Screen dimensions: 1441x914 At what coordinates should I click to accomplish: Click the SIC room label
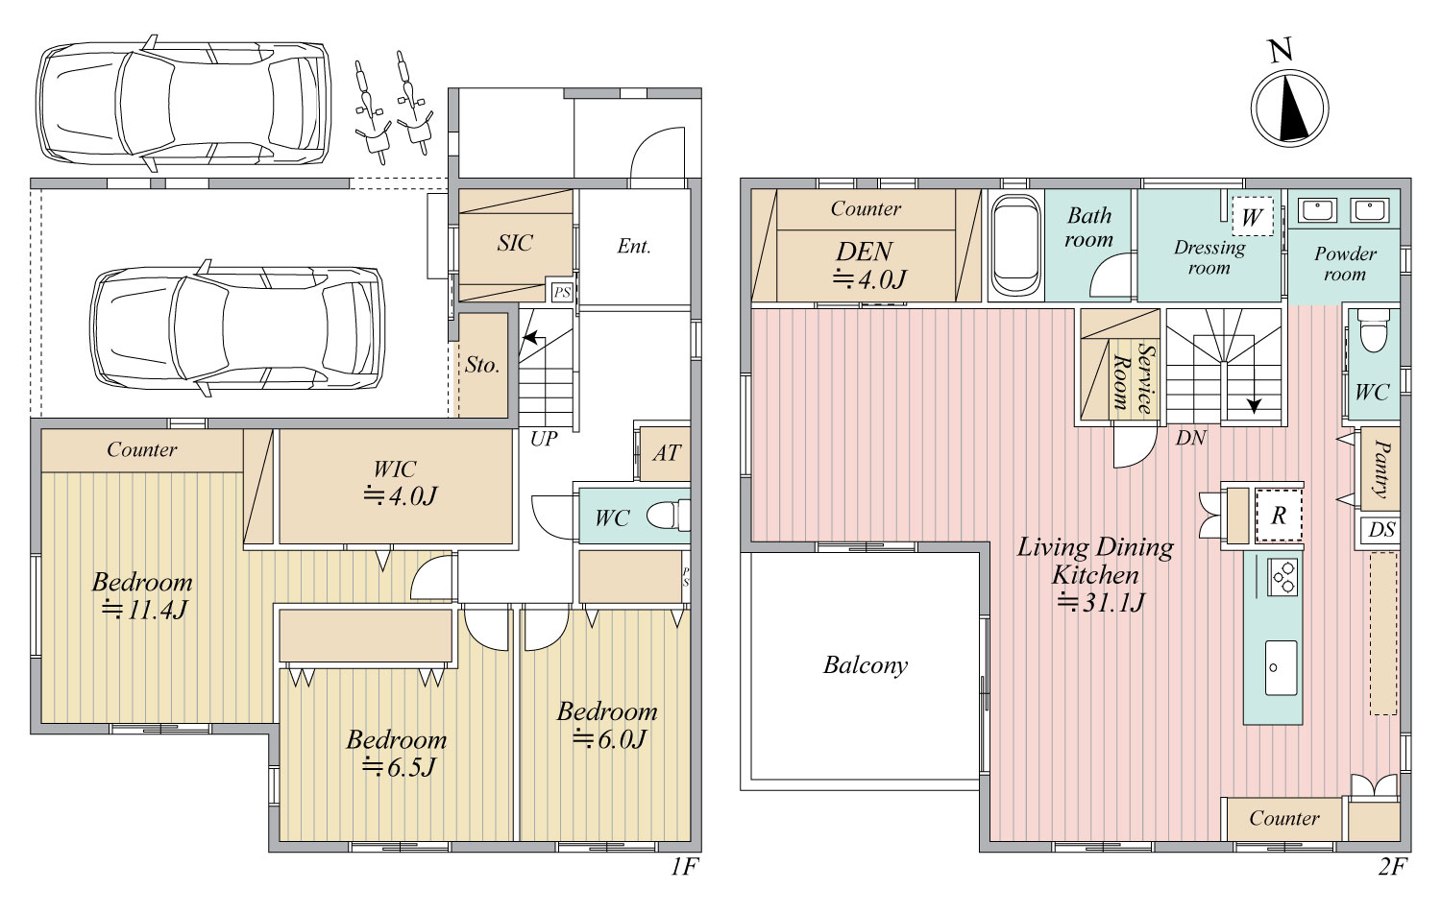tap(515, 243)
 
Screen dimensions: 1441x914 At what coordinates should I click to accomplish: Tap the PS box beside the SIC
tap(562, 293)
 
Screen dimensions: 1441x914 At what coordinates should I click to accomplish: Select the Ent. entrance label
tap(634, 246)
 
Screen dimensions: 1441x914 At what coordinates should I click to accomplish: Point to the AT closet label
tap(667, 453)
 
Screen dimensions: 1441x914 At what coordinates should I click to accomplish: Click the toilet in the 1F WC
tap(668, 516)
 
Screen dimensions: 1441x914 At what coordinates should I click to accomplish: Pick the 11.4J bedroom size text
tap(144, 610)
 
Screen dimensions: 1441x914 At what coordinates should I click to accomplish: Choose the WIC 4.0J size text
tap(401, 495)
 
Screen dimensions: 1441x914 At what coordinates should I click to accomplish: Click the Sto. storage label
tap(482, 365)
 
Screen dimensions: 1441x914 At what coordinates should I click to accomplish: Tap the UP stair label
tap(544, 439)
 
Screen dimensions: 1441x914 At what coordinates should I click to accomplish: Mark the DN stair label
tap(1191, 439)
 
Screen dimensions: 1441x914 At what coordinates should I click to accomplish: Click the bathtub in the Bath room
tap(1015, 246)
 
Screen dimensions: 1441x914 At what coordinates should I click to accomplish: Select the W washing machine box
tap(1252, 217)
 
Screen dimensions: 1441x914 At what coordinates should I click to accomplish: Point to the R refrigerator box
tap(1279, 516)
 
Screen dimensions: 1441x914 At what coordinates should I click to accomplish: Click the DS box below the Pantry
tap(1380, 530)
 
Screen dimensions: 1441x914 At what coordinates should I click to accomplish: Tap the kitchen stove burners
tap(1282, 577)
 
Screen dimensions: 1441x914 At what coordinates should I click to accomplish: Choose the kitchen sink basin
tap(1281, 668)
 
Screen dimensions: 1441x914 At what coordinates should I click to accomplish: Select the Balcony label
tap(866, 665)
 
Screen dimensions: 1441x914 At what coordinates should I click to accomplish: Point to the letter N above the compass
tap(1281, 51)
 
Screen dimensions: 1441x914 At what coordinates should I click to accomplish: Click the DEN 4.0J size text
tap(869, 279)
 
